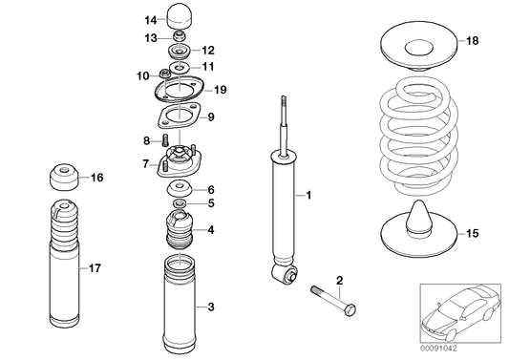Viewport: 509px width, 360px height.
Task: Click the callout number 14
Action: click(x=151, y=19)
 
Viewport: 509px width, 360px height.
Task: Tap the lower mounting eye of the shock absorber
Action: click(x=283, y=276)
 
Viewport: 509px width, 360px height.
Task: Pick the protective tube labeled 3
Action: click(x=179, y=306)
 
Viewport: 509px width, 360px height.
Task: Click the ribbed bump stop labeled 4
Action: click(x=179, y=231)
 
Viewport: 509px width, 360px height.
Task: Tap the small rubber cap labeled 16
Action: click(x=65, y=178)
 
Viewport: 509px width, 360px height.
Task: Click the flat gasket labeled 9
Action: click(x=179, y=118)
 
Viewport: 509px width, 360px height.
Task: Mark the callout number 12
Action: click(x=209, y=50)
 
